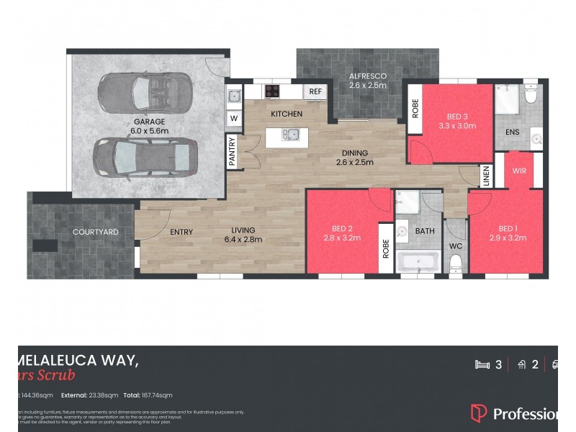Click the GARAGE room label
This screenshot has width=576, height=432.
pos(149,122)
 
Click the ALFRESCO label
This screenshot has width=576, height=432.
pos(368,76)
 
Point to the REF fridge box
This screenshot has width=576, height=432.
pos(315,91)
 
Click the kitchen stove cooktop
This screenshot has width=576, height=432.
pos(273,91)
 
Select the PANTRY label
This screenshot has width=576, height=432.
pos(233,152)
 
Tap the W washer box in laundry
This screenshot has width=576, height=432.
pos(234,117)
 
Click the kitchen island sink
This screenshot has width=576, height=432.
pos(290,134)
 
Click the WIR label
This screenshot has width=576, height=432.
pos(520,171)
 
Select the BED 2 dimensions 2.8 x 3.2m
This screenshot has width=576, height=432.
pos(342,238)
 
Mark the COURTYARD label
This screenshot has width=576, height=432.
pos(95,232)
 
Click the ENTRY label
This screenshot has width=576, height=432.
pos(181,232)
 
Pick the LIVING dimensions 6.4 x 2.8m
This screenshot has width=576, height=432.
pos(240,240)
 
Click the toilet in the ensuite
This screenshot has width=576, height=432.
pos(531,94)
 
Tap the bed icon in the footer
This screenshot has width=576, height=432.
pos(482,364)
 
